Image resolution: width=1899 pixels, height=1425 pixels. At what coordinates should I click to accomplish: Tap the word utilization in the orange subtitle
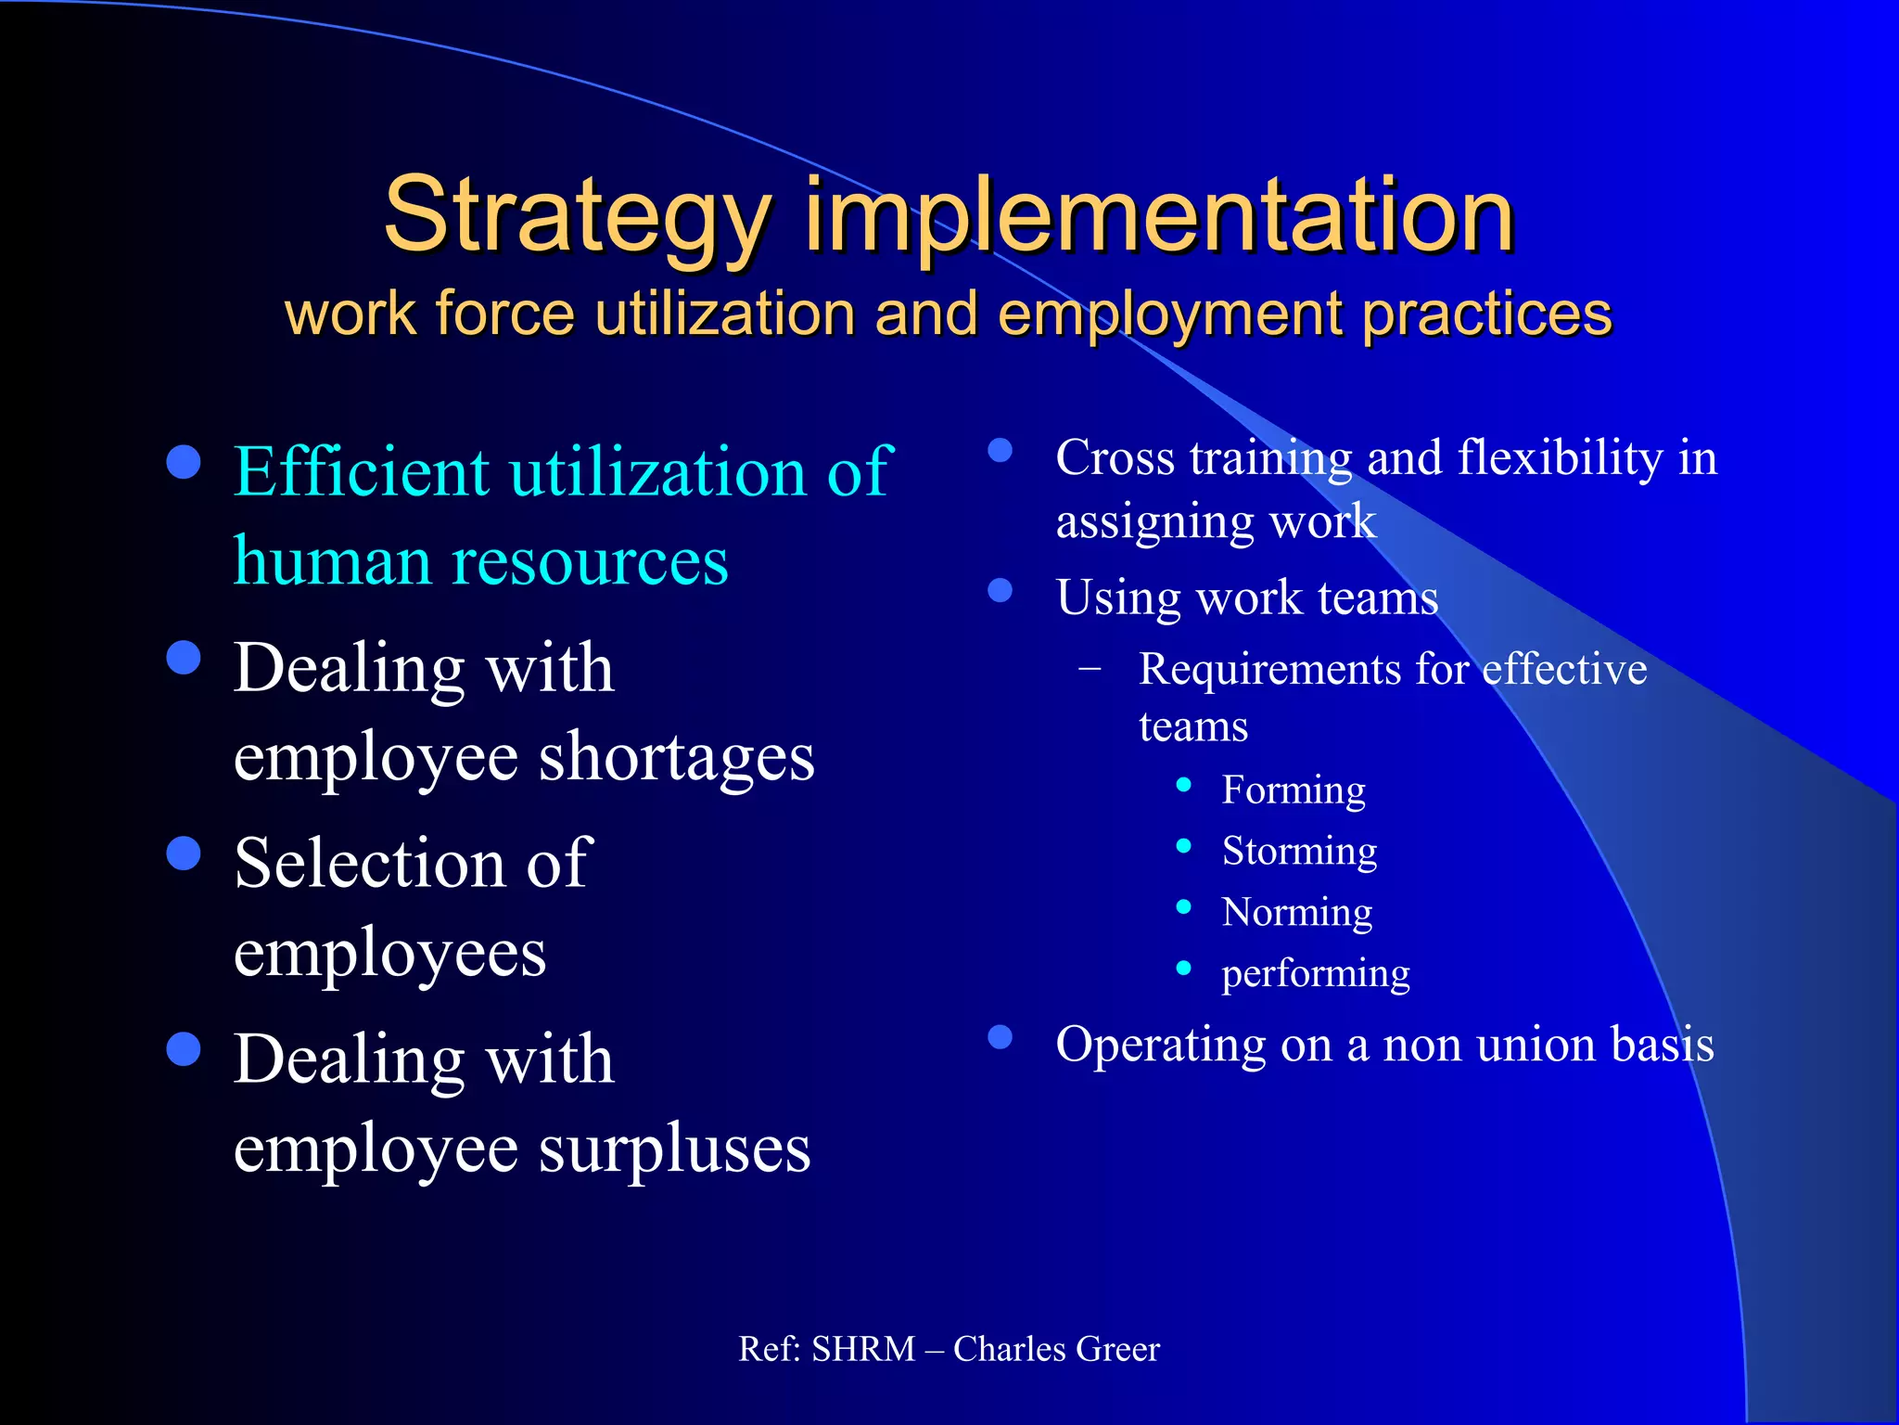tap(724, 314)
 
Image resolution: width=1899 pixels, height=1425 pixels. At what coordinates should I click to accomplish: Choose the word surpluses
tap(674, 1149)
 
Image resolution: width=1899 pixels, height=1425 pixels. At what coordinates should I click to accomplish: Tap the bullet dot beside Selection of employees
tap(185, 854)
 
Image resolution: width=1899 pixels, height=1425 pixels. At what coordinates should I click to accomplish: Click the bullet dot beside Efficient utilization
tap(185, 462)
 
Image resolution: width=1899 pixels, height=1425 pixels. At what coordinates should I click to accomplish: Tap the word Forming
tap(1294, 790)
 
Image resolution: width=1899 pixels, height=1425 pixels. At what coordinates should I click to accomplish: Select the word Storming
tap(1299, 851)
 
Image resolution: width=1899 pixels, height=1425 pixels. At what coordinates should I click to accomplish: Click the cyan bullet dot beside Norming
tap(1183, 907)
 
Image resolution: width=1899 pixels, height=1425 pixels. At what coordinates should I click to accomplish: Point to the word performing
tap(1316, 973)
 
